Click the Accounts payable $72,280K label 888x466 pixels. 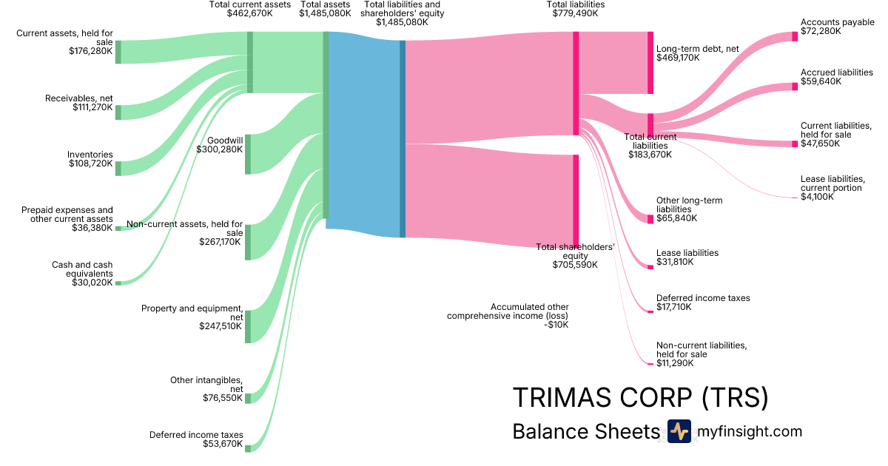[x=838, y=27]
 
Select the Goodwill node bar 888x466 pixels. [x=248, y=154]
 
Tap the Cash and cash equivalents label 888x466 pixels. [x=82, y=274]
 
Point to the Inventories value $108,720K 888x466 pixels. [x=90, y=163]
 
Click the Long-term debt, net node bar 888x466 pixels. [x=650, y=63]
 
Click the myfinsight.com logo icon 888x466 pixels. [x=679, y=431]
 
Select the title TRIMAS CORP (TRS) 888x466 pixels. [x=640, y=398]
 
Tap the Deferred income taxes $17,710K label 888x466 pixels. [x=703, y=303]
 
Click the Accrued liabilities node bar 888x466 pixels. [x=795, y=88]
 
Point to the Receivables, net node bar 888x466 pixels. [x=118, y=112]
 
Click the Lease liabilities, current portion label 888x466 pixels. [x=832, y=188]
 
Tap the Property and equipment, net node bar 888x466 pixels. [x=248, y=326]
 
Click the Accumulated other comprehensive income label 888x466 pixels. [x=508, y=315]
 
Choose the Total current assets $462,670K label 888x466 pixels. [x=250, y=9]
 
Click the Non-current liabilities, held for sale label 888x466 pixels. [x=702, y=354]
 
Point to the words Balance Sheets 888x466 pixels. [x=585, y=432]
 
